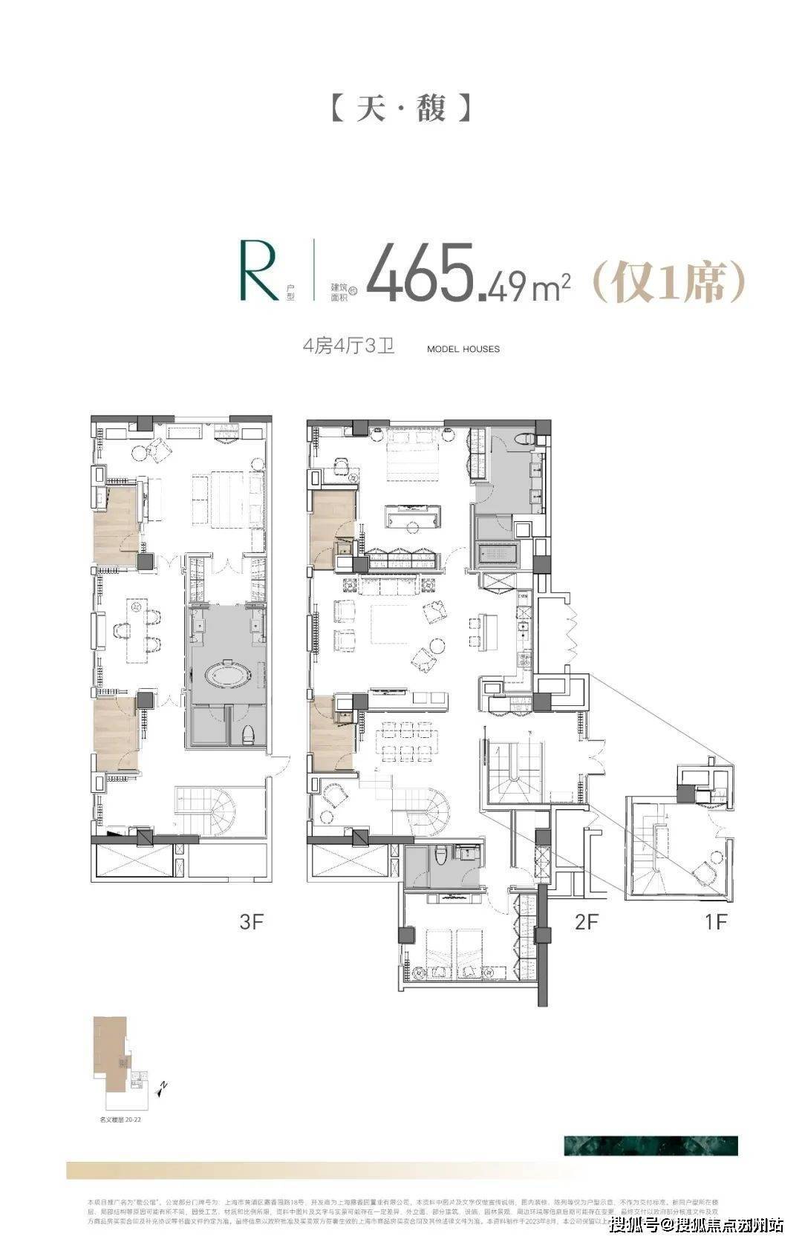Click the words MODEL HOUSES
pyautogui.click(x=463, y=349)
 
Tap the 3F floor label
pyautogui.click(x=252, y=922)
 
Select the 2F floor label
pyautogui.click(x=587, y=922)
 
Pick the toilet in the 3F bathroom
pyautogui.click(x=249, y=733)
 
